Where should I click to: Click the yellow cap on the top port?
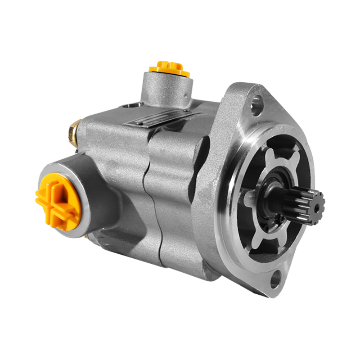point(166,68)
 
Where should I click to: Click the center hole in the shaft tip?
point(318,207)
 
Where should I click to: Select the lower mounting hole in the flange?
point(275,280)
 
